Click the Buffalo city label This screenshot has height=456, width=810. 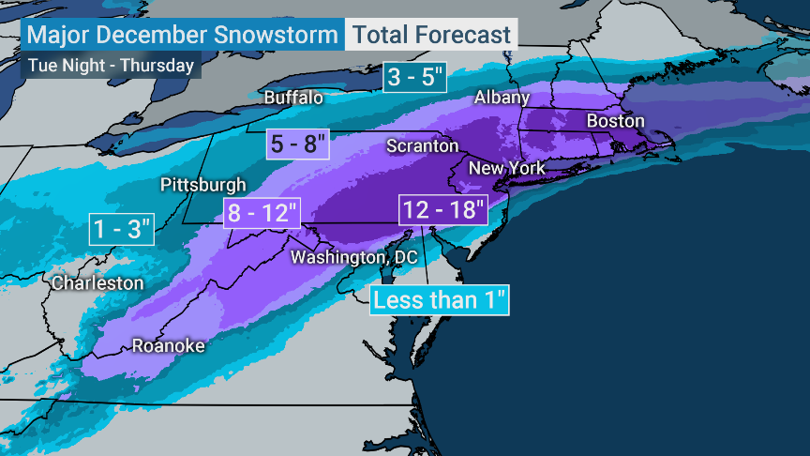click(x=293, y=98)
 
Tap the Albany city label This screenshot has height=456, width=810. click(x=502, y=98)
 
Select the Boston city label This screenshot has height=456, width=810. click(x=615, y=121)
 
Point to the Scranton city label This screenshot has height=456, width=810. click(x=423, y=146)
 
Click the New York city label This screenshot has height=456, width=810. click(x=506, y=168)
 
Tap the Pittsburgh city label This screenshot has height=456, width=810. click(x=203, y=185)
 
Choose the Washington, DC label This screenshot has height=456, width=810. click(x=354, y=257)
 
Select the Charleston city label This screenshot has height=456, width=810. click(x=97, y=282)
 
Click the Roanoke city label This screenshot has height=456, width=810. click(x=168, y=345)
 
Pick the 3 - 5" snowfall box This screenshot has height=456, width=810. click(x=414, y=77)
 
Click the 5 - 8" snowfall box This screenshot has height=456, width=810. click(x=299, y=144)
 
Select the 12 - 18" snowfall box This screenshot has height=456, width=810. click(x=443, y=209)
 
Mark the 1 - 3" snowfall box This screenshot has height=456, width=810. click(x=121, y=229)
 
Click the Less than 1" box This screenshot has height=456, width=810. click(x=440, y=300)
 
